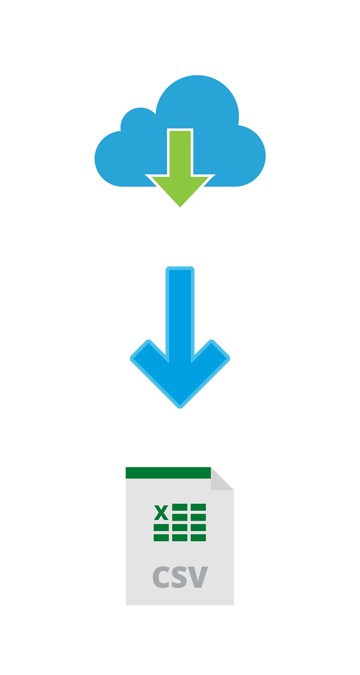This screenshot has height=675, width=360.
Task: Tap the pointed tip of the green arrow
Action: pos(180,207)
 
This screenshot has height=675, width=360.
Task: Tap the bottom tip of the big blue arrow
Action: pos(180,407)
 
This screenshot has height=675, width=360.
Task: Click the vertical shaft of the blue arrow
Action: pos(180,313)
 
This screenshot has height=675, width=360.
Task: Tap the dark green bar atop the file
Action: pos(168,473)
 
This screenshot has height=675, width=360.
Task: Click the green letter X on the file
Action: pos(161,513)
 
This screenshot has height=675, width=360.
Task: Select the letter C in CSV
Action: pos(161,577)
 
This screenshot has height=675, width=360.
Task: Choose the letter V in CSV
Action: pos(198,577)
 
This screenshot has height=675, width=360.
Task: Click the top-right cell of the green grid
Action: pos(198,507)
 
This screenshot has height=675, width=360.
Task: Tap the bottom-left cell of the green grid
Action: pos(161,538)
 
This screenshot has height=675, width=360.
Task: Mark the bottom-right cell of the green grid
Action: pos(198,538)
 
